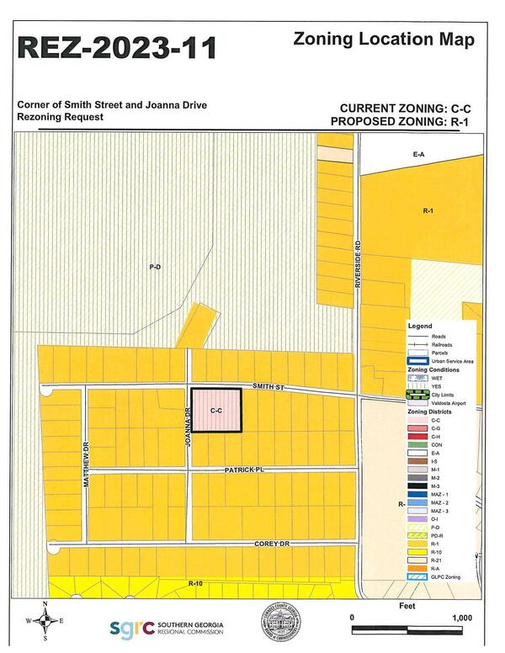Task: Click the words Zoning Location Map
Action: coord(384,39)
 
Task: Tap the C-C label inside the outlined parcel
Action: coord(215,411)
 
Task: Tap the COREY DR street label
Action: coord(272,544)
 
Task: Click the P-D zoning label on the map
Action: coord(155,267)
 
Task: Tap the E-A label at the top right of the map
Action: coord(418,156)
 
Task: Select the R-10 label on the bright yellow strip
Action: coord(196,582)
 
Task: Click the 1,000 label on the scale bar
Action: coord(462,617)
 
